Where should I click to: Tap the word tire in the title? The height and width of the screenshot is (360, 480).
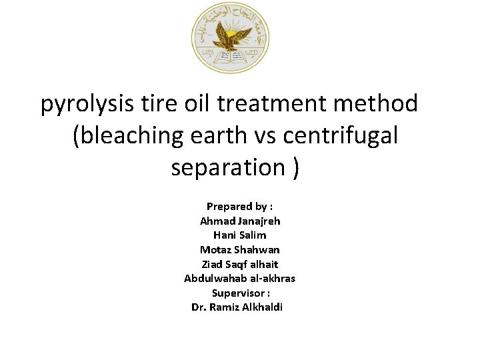[x=159, y=103]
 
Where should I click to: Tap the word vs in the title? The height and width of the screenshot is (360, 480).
[x=267, y=135]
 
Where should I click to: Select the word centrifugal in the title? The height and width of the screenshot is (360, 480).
[x=341, y=135]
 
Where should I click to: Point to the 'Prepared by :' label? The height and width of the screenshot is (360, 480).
[x=239, y=206]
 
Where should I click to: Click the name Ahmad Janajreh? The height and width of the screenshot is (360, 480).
[x=239, y=221]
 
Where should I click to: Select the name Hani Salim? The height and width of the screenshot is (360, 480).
[x=239, y=235]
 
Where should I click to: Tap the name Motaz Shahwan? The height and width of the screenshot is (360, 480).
[x=239, y=249]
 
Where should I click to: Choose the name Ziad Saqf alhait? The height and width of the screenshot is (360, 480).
[x=239, y=264]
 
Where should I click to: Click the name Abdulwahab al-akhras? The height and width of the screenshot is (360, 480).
[x=239, y=278]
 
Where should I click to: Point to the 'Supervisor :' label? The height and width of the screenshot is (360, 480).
[x=240, y=293]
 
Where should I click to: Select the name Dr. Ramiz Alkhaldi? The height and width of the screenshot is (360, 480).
[x=237, y=307]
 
